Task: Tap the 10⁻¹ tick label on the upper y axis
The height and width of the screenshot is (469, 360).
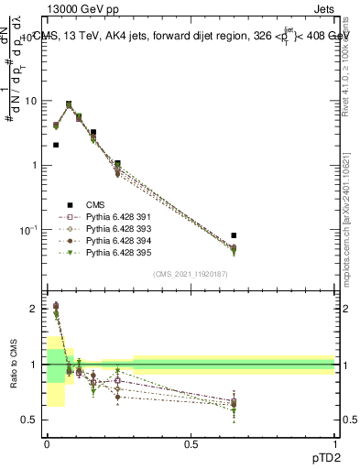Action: click(28, 230)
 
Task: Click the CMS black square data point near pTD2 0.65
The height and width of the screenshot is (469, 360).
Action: click(234, 235)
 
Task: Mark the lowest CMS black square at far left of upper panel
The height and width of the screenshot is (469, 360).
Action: click(56, 145)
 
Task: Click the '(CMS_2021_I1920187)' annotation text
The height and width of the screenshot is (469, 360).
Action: click(191, 274)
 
